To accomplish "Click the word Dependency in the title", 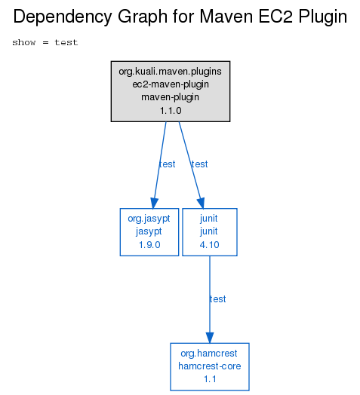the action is (63, 17).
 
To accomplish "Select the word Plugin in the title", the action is (323, 17).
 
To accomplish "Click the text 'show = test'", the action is (45, 42).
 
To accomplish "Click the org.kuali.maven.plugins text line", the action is (171, 72).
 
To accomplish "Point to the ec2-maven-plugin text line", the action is (171, 84).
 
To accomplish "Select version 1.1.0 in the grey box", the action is (171, 111).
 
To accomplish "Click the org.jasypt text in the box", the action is (149, 219).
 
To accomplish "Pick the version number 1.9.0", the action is (149, 244).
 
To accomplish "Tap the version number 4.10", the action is (209, 244).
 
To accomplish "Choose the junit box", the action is (210, 232).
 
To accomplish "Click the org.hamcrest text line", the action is (209, 354).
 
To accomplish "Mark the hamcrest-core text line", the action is (210, 366).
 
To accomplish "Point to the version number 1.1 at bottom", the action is (210, 379).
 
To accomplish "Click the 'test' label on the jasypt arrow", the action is (168, 164).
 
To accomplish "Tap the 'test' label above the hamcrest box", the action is (217, 299).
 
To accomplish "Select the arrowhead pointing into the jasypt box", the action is (154, 204).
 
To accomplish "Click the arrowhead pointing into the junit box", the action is (201, 204).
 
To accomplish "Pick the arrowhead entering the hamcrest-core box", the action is (210, 338).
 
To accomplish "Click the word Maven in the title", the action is (226, 17).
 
